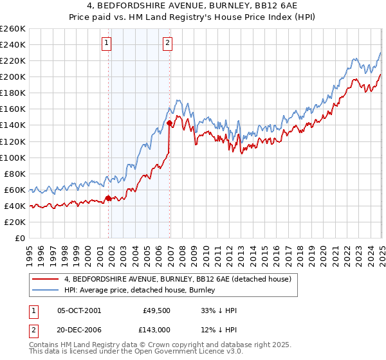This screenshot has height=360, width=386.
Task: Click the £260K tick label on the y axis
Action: click(13, 29)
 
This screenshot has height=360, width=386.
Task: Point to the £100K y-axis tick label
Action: click(13, 157)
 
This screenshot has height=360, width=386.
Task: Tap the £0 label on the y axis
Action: click(20, 238)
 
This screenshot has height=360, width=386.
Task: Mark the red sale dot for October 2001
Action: click(108, 198)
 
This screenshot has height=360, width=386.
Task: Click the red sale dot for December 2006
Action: click(169, 123)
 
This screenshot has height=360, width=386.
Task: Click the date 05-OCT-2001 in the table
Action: click(79, 310)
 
